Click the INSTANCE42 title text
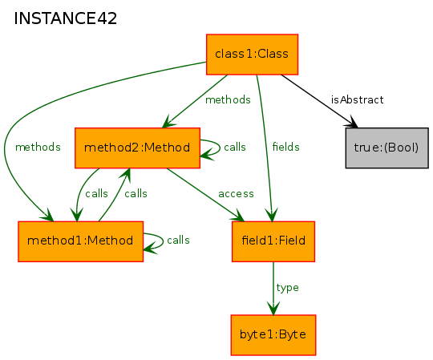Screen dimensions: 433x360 coord(66,18)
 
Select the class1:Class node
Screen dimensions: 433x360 coord(252,55)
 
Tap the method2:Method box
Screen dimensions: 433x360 coord(138,148)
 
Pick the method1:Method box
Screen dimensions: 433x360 coord(81,241)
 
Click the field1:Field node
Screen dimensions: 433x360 coord(273,241)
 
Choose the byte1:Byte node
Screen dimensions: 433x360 coord(273,335)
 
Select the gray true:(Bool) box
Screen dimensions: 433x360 coord(386,148)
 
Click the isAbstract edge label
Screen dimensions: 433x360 coord(358,99)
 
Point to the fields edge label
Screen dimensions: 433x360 coord(285,147)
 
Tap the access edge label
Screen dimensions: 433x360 coord(236,194)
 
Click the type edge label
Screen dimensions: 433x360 coord(288,288)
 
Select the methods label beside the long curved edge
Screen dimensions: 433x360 coord(38,147)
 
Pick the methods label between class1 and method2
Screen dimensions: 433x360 coord(228,99)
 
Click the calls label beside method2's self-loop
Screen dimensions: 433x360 coord(235,147)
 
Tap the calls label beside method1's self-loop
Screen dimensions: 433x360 coord(178,241)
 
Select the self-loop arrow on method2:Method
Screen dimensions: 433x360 coord(220,148)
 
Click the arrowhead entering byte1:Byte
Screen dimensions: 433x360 coord(273,309)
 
